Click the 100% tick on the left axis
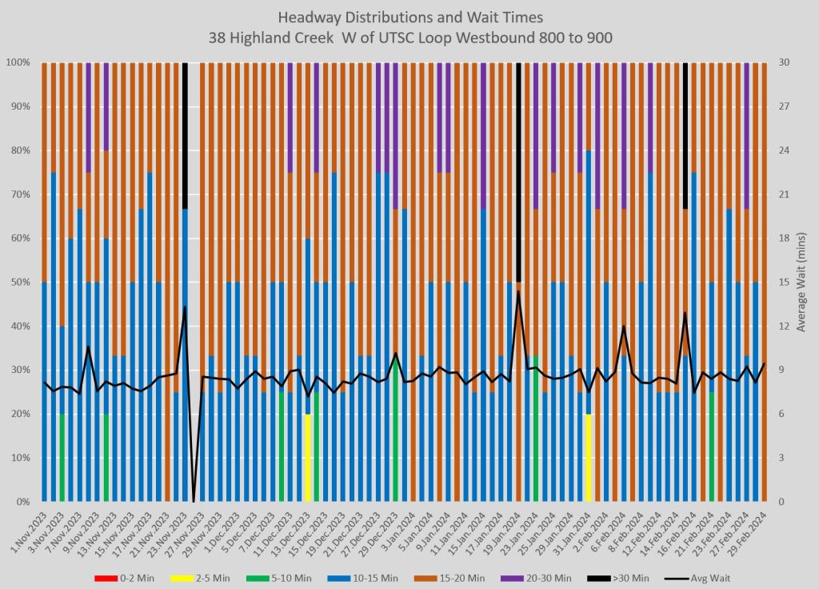tap(18, 62)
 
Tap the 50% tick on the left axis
tap(20, 282)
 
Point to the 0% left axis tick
tap(22, 502)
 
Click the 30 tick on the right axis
tap(783, 62)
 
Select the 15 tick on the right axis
tap(783, 282)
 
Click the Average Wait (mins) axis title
tap(803, 282)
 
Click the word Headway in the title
tap(308, 18)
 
